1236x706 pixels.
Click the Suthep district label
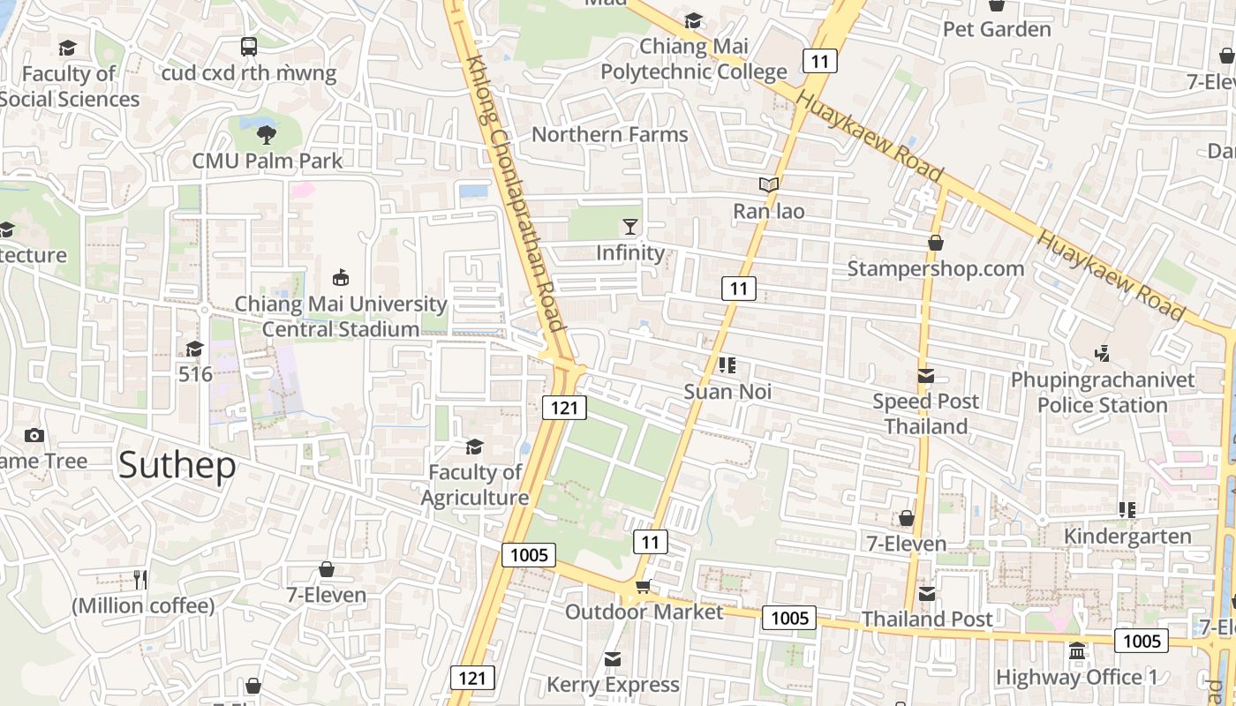coord(177,465)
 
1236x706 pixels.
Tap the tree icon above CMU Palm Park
coord(266,134)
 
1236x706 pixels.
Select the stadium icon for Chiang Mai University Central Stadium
coord(341,277)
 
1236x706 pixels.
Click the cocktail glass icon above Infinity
coord(629,227)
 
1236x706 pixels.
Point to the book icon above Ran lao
coord(769,184)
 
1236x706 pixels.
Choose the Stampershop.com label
coord(936,268)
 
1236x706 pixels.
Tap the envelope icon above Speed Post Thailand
coord(925,376)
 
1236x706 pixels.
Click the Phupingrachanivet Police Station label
coord(1103,393)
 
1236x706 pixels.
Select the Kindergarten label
coord(1127,536)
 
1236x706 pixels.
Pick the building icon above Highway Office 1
coord(1077,651)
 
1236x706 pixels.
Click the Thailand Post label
coord(927,619)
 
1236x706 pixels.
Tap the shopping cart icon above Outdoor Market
coord(644,587)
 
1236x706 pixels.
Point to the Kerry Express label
coord(613,684)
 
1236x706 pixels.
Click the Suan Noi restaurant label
coord(727,391)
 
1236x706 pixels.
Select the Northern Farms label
coord(609,134)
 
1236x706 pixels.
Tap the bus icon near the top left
coord(249,47)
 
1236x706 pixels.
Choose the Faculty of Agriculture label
coord(475,484)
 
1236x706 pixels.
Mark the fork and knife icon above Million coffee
coord(140,579)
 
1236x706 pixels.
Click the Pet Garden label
coord(997,29)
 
